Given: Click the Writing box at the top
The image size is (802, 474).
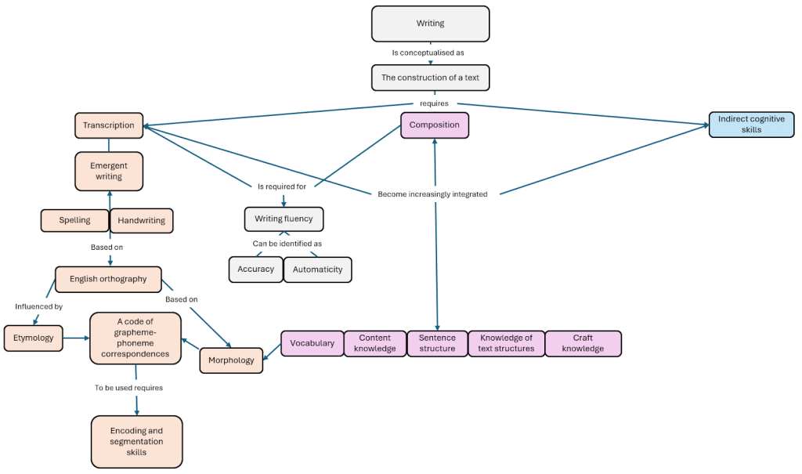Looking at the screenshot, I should click(430, 24).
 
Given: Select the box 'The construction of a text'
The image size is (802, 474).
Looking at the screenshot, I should click(430, 78).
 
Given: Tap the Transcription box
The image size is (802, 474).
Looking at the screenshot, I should click(109, 125).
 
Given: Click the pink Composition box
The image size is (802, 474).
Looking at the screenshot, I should click(434, 125).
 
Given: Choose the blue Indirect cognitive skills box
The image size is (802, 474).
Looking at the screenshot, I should click(751, 125).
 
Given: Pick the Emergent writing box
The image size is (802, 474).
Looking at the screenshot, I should click(109, 171).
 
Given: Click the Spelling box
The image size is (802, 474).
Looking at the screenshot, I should click(74, 220).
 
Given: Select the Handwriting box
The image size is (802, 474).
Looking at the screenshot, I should click(141, 221).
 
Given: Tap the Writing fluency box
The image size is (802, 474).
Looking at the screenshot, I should click(284, 219).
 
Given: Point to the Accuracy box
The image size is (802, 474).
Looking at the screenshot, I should click(256, 269).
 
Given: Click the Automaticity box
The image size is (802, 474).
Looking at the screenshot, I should click(317, 270).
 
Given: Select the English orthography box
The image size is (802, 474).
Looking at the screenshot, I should click(108, 279).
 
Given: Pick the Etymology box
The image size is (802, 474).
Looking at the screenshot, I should click(33, 338).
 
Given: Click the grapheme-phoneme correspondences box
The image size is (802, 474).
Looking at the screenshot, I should click(135, 338).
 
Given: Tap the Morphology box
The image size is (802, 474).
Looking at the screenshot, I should click(231, 360).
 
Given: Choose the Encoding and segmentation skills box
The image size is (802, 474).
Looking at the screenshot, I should click(136, 441).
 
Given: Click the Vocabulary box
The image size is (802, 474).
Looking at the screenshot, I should click(312, 343).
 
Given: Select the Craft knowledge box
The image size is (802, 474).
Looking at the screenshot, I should click(583, 343).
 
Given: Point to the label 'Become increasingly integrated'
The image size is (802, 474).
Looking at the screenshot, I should click(432, 194).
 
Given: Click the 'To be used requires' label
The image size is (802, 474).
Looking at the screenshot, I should click(129, 387).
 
